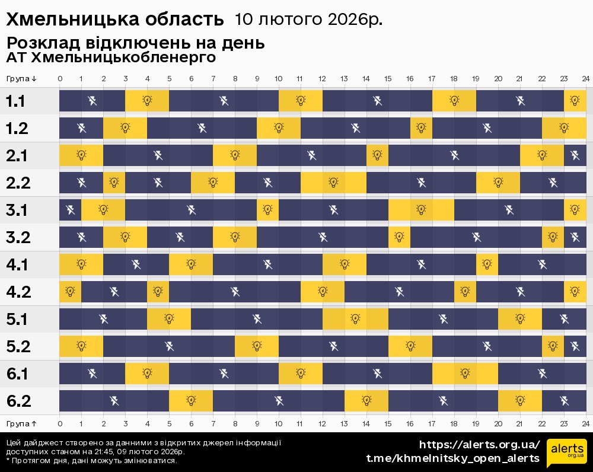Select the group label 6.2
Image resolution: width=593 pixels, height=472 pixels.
(x=18, y=401)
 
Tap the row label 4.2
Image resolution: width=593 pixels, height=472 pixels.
(x=18, y=292)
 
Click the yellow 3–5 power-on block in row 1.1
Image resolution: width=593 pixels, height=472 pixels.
(x=147, y=101)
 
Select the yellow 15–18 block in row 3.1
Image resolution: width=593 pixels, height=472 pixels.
(x=421, y=210)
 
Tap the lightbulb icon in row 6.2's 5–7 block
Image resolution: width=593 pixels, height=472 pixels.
(x=191, y=401)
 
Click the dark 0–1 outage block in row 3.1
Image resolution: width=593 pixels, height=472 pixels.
(x=70, y=210)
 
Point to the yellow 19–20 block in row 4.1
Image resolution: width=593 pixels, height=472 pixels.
(x=487, y=264)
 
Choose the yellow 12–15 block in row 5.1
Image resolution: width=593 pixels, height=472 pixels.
(x=355, y=319)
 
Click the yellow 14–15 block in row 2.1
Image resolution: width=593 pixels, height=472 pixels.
(x=377, y=155)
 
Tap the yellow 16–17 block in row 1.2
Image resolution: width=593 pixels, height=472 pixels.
(x=421, y=128)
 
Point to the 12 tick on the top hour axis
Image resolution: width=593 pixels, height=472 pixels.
(x=322, y=79)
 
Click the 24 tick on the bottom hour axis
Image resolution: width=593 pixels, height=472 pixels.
(x=585, y=424)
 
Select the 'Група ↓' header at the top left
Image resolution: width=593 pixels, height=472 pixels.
(x=22, y=79)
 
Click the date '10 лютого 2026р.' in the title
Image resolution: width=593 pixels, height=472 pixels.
(x=308, y=20)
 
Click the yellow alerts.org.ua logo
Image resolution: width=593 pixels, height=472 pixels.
(x=566, y=452)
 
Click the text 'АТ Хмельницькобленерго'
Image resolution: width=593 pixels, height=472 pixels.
(x=111, y=58)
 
